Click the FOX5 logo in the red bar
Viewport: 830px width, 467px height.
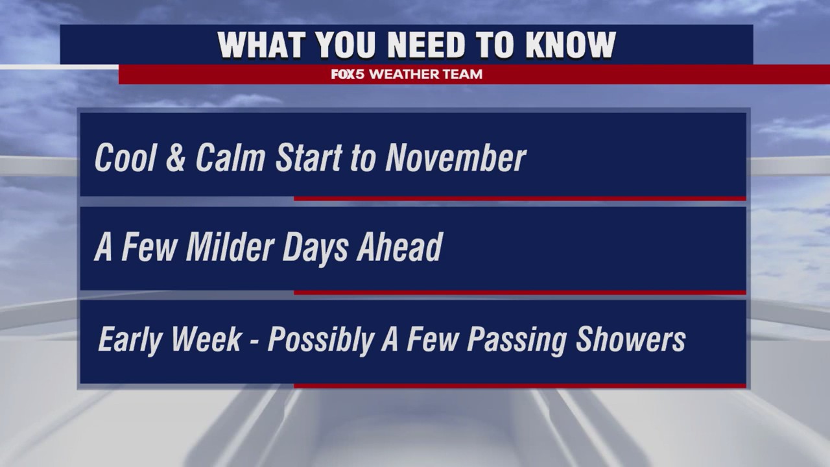pos(348,75)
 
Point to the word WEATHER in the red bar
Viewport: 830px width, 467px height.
pos(405,75)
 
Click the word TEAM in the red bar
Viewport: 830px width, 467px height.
pos(463,75)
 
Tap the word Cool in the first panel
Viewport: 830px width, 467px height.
pos(124,158)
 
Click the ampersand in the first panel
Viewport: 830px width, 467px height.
pos(175,158)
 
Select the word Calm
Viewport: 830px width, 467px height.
pos(230,158)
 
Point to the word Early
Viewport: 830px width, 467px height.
pos(129,341)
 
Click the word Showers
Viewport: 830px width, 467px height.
pos(630,339)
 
